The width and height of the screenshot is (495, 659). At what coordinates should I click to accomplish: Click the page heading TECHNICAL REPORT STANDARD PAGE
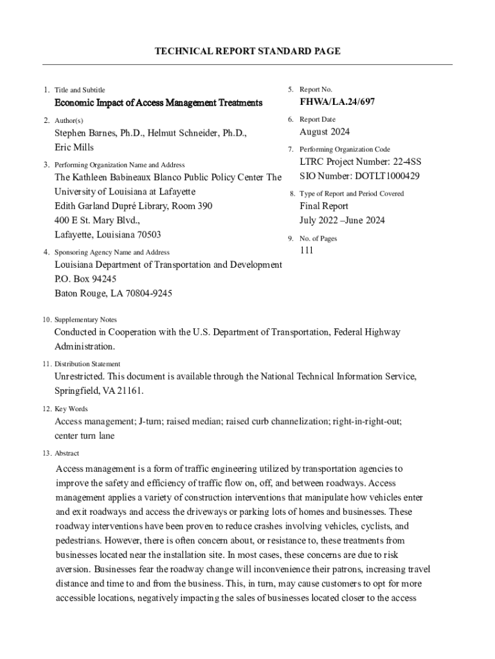click(x=248, y=51)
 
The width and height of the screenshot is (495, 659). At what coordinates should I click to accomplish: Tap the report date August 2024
click(x=325, y=133)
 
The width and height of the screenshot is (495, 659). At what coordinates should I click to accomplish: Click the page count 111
click(x=307, y=251)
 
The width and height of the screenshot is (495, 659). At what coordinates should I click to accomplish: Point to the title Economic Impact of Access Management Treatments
click(x=158, y=103)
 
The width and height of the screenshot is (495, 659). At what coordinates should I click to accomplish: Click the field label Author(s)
click(x=69, y=120)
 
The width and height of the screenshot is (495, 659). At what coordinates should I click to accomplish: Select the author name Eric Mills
click(x=74, y=147)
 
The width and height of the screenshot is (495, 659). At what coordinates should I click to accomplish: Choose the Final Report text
click(x=324, y=207)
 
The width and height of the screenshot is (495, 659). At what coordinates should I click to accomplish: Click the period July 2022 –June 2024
click(x=342, y=221)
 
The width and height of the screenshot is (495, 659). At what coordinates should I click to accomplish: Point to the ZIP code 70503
click(x=147, y=235)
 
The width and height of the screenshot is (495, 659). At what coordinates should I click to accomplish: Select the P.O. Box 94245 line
click(x=85, y=279)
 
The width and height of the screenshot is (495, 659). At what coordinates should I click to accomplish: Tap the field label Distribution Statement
click(x=87, y=364)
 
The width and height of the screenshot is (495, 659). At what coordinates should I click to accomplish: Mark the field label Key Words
click(x=71, y=409)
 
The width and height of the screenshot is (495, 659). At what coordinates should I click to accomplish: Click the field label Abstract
click(x=67, y=453)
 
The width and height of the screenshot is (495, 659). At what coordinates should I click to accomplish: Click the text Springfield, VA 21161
click(x=98, y=391)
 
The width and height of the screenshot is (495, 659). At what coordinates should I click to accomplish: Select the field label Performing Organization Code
click(x=345, y=149)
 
